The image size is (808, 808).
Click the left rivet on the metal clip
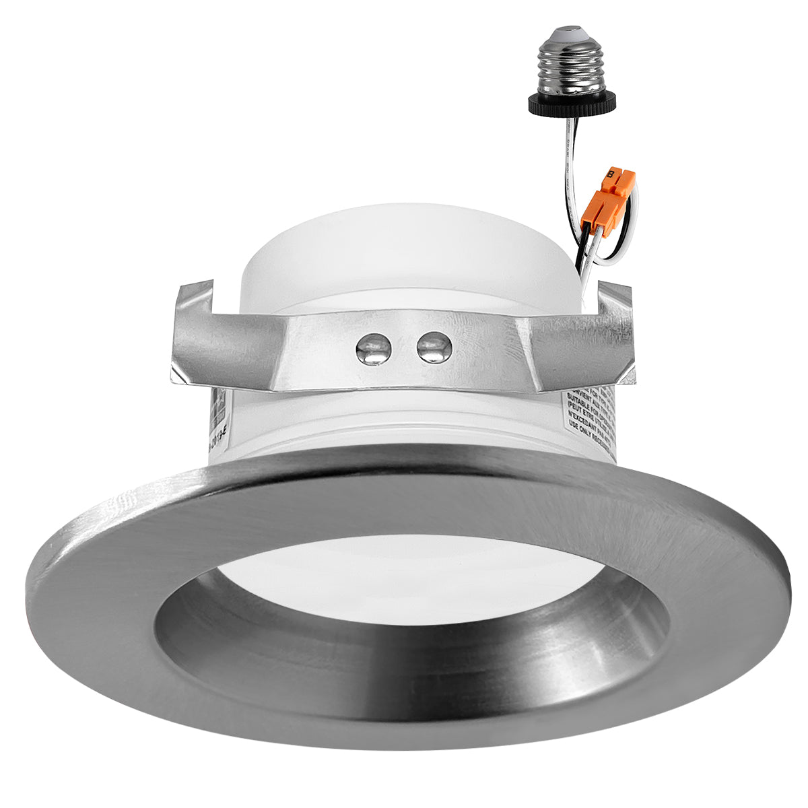click(x=370, y=348)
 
